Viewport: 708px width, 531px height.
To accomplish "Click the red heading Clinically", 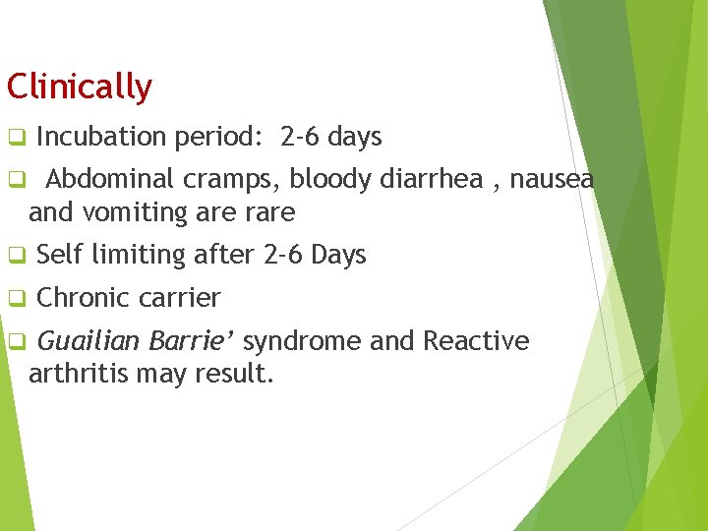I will (x=79, y=88).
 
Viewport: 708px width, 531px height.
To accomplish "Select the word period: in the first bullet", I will (x=218, y=138).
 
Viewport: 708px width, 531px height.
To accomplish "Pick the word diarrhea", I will (x=428, y=180).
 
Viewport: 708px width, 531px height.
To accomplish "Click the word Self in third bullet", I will (x=59, y=256).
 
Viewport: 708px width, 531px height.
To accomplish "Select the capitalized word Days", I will (x=338, y=256).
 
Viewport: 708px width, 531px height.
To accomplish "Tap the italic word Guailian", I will (x=89, y=341).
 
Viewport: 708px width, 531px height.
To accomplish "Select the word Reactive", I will (x=476, y=341).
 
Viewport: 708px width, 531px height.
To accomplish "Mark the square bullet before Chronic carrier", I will (x=16, y=298).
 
